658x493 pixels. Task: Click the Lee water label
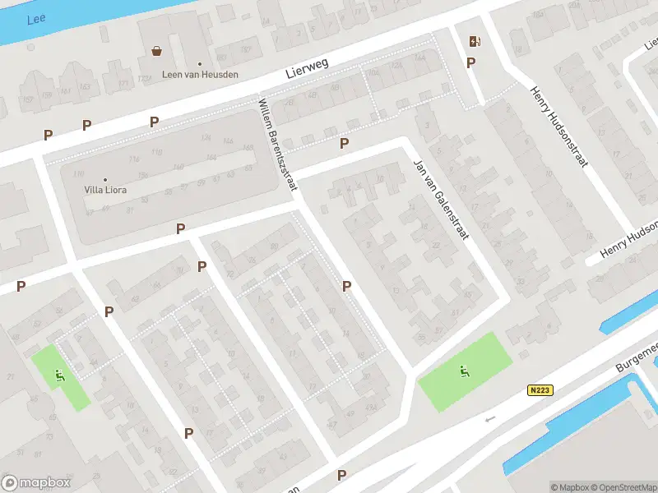coord(36,19)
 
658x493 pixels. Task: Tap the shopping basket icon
coord(156,51)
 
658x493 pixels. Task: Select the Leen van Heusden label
coord(200,75)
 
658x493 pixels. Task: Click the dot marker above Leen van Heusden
coord(200,63)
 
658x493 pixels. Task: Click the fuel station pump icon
coord(474,41)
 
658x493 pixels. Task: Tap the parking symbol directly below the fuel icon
coord(471,62)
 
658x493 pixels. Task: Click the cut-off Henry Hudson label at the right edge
coord(629,239)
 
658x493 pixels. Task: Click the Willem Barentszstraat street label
coord(277,145)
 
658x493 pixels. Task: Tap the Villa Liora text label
coord(105,190)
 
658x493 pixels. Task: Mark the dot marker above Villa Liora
coord(105,179)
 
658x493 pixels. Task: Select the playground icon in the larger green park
coord(465,371)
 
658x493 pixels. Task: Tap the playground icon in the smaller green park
coord(59,376)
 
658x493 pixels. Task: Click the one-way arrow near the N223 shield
coord(491,419)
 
